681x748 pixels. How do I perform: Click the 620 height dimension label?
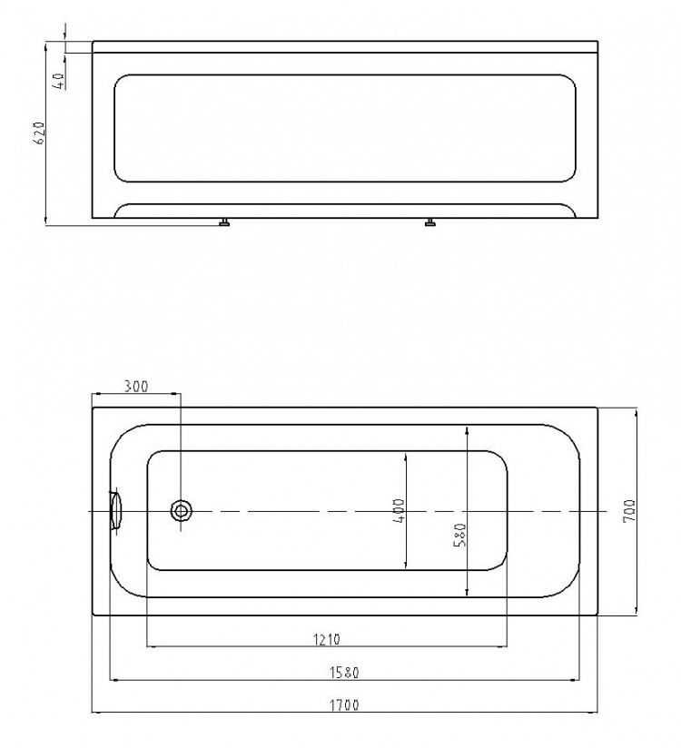coord(40,133)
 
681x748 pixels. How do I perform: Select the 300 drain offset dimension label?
coord(136,386)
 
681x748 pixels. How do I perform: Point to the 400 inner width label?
coord(399,510)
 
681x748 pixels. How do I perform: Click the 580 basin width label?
coord(460,535)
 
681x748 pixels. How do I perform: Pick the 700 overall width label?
coord(629,511)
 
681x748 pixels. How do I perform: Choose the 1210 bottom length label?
coord(327,639)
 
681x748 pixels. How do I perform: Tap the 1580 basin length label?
coord(344,672)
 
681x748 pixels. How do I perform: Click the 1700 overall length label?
coord(344,704)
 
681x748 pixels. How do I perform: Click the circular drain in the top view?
coord(182,511)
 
